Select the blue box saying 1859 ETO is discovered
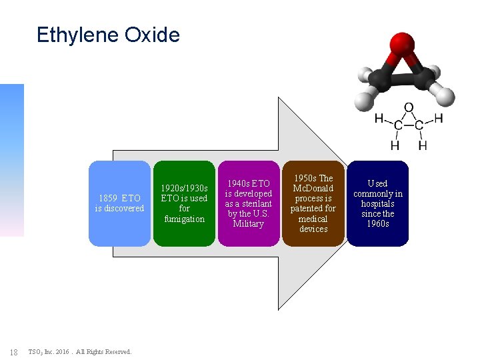pos(120,203)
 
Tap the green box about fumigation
pos(185,203)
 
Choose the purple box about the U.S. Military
pos(249,203)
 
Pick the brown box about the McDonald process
pos(313,203)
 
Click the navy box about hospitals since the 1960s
pos(377,203)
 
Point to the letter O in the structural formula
pos(409,107)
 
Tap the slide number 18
pos(14,351)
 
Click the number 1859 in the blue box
pos(108,198)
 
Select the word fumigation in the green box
pos(185,219)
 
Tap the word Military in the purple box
pos(249,224)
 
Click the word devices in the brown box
pos(313,229)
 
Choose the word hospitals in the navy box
pos(377,203)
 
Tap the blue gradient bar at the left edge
pos(11,160)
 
